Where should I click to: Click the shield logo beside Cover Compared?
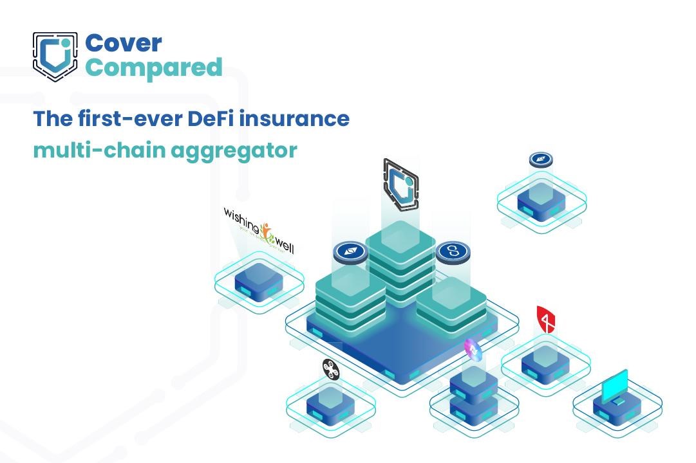point(55,57)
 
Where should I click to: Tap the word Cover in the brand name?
point(124,43)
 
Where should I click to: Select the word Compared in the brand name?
point(154,67)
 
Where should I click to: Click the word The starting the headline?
point(52,119)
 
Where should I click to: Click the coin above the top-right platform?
point(541,159)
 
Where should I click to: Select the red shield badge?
point(545,319)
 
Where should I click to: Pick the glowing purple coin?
point(473,349)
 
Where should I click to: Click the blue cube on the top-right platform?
point(541,200)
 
